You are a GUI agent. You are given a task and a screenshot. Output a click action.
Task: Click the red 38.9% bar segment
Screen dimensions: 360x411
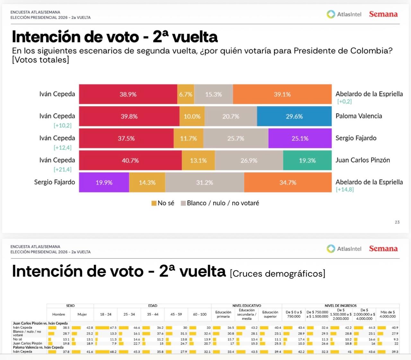tap(128, 94)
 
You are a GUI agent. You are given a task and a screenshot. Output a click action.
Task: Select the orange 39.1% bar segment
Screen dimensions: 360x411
tap(282, 94)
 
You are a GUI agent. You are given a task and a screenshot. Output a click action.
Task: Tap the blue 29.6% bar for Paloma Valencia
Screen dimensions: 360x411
tap(294, 116)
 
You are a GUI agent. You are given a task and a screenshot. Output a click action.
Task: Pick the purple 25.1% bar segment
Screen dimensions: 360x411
tap(300, 139)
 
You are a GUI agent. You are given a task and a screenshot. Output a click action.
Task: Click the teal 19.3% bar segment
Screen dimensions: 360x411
tap(307, 160)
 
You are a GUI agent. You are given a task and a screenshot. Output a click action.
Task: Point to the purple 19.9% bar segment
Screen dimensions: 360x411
tap(104, 183)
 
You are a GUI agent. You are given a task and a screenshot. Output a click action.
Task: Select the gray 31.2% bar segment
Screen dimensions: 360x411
tap(205, 183)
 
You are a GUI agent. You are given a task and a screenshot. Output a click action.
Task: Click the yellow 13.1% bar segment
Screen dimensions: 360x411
tap(198, 160)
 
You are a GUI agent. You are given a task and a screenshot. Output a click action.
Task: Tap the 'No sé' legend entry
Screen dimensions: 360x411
tap(163, 203)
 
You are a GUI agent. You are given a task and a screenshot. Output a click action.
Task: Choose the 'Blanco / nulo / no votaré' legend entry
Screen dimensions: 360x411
tap(220, 203)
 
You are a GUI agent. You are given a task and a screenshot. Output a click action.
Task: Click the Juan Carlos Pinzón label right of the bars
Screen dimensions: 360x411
tap(363, 160)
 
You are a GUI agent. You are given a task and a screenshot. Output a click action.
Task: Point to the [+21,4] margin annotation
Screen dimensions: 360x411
tap(63, 169)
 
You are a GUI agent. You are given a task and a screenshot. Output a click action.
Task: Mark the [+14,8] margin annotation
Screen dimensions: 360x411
tap(345, 189)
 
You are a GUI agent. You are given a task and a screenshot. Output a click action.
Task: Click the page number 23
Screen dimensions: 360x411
tap(397, 222)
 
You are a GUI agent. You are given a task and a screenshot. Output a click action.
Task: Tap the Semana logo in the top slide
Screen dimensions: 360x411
tap(383, 14)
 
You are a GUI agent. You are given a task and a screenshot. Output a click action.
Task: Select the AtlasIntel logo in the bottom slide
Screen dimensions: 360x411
tap(344, 249)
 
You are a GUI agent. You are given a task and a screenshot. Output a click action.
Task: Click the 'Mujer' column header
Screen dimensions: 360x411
tap(82, 314)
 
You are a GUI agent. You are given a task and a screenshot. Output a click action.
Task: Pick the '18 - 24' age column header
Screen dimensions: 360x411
tap(106, 314)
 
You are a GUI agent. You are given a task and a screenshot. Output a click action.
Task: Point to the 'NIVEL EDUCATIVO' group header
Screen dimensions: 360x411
tap(247, 306)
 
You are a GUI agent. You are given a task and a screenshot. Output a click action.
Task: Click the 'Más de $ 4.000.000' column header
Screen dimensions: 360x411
tap(388, 314)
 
